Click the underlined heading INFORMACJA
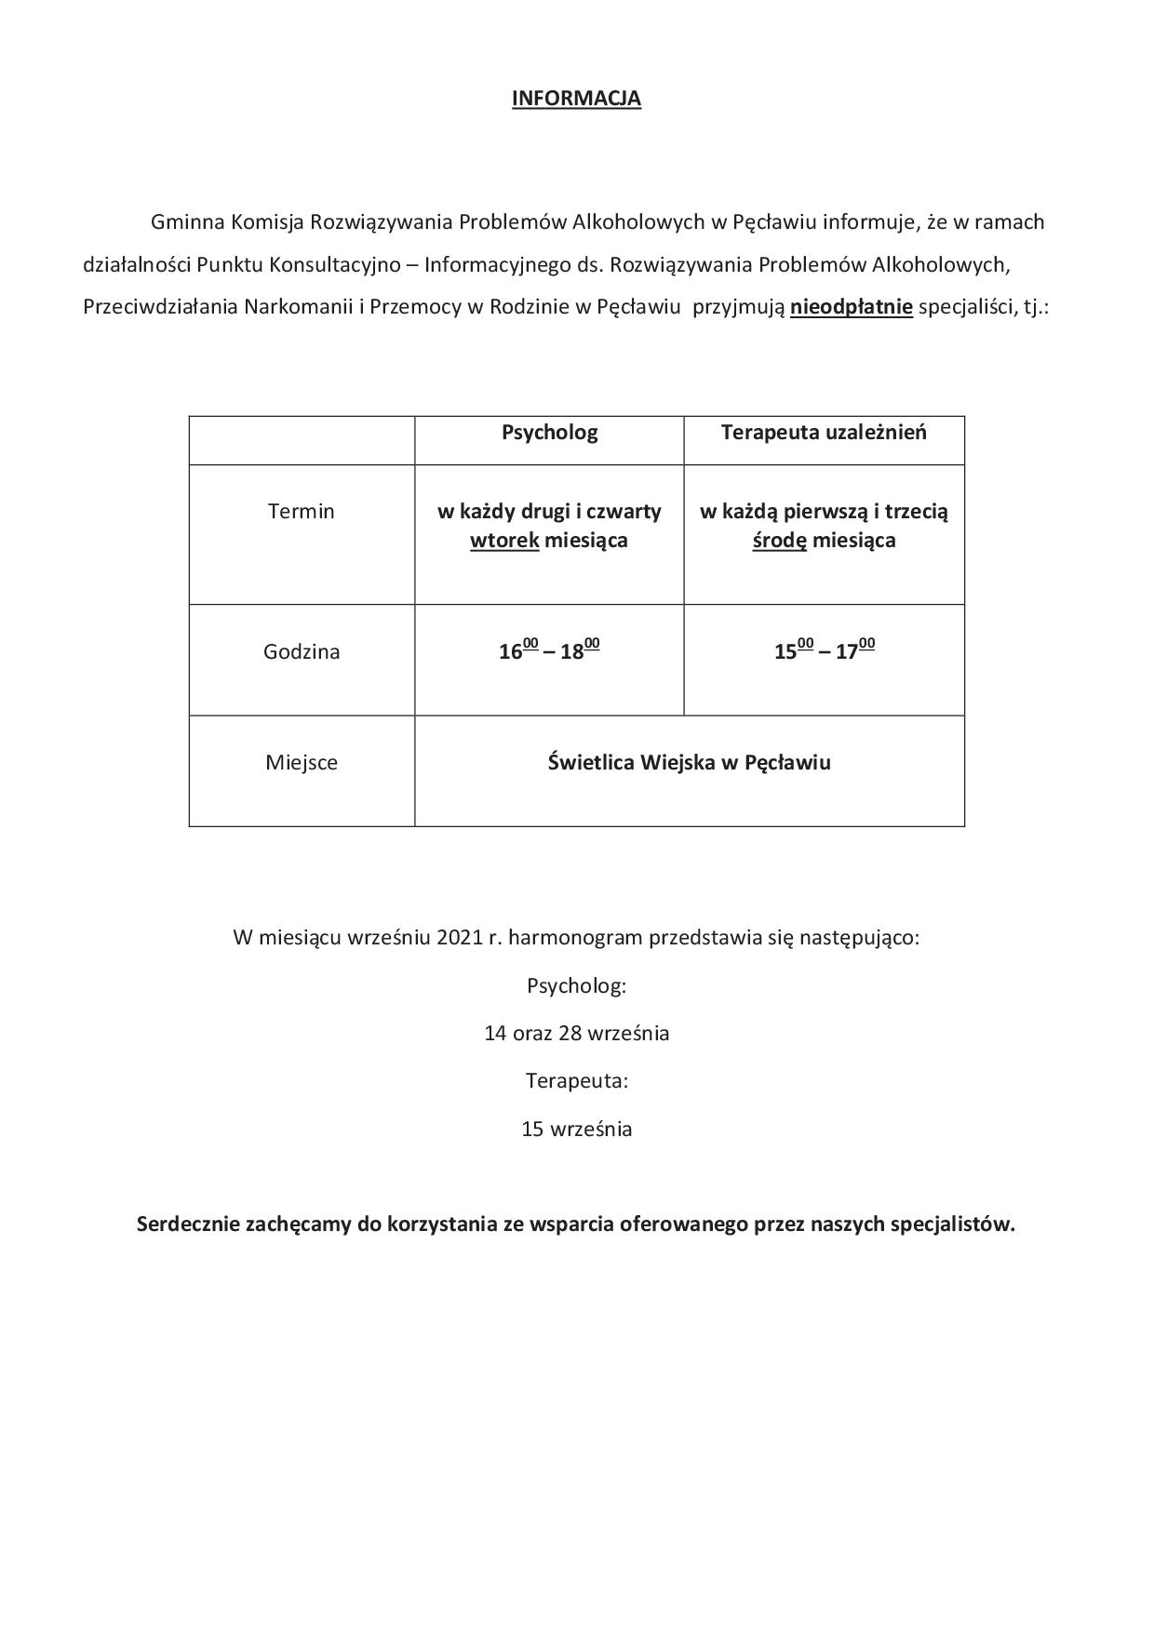[x=576, y=99]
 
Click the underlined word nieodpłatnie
[x=851, y=307]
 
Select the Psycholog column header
[x=549, y=433]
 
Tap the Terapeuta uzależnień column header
[x=824, y=433]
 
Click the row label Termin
[x=301, y=511]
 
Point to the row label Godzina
[x=302, y=651]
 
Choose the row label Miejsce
[x=302, y=763]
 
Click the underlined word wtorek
[x=504, y=541]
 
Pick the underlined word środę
[x=779, y=541]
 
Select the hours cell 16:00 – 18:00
[x=549, y=650]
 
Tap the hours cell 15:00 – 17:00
[x=824, y=650]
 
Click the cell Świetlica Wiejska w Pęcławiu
[x=689, y=763]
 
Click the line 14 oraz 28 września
[x=576, y=1033]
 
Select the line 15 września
[x=576, y=1130]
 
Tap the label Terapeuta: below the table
[x=576, y=1081]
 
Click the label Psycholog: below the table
[x=576, y=985]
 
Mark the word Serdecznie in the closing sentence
[x=187, y=1224]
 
